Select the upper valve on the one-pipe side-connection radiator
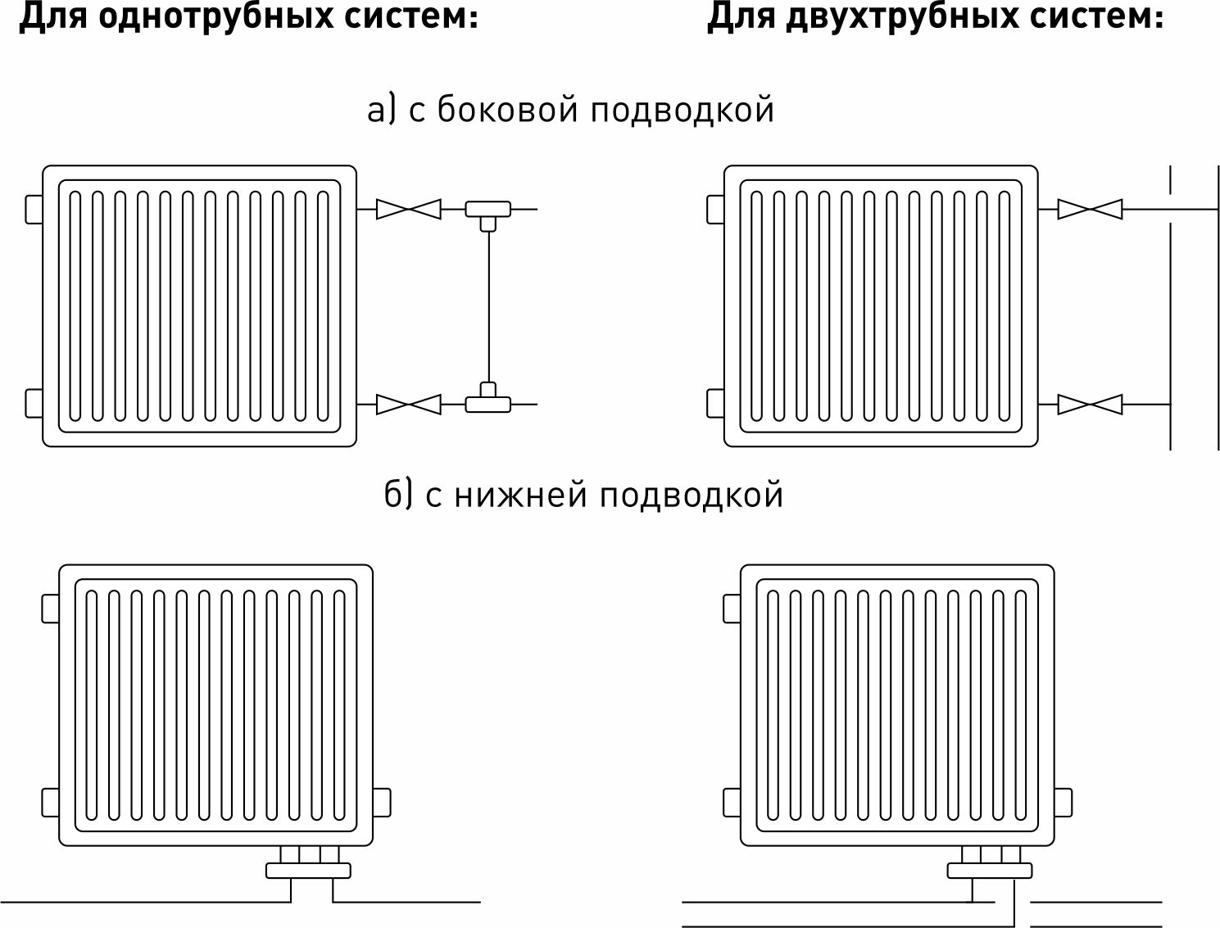pos(408,209)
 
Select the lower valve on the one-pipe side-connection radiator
pos(408,404)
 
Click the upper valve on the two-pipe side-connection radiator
pos(1090,209)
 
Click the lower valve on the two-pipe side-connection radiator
pos(1090,404)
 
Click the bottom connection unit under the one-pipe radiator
pos(308,865)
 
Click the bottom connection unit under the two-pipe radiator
pos(990,865)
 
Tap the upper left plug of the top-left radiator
pos(34,209)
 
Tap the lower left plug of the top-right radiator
pos(715,404)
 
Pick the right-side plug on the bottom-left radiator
pos(382,802)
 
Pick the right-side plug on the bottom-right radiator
pos(1064,802)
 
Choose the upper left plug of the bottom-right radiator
pos(732,608)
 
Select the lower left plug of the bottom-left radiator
pos(50,802)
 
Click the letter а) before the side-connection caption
pos(381,110)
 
